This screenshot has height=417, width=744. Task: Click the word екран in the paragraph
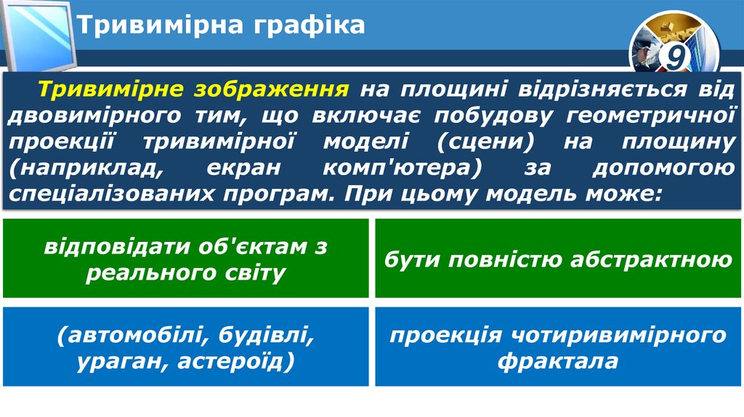[x=243, y=169]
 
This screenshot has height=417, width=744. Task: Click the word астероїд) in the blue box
[x=235, y=361]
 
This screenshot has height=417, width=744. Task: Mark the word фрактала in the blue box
[x=558, y=361]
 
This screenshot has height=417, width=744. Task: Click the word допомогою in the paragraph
[x=662, y=169]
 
